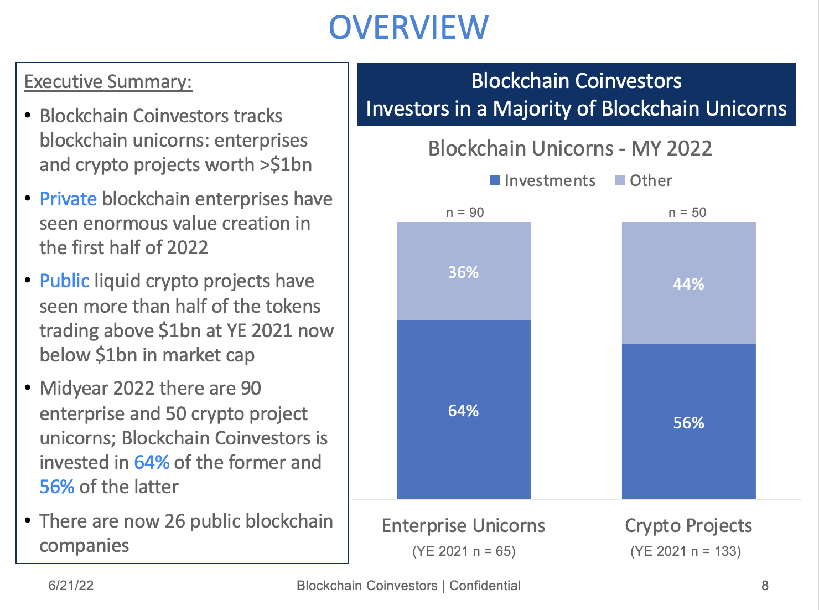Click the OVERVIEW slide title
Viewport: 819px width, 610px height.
click(408, 27)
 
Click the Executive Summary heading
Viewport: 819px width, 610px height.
click(108, 81)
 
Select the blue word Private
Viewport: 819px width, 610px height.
click(68, 199)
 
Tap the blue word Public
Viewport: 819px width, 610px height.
click(64, 281)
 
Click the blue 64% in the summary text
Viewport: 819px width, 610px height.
click(152, 462)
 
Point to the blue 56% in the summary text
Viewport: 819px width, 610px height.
click(57, 487)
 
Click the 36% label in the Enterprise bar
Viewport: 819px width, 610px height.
click(463, 272)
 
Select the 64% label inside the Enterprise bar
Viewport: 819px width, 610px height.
click(463, 411)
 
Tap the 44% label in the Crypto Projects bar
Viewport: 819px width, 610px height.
click(688, 284)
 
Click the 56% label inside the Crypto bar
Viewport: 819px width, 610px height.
click(688, 423)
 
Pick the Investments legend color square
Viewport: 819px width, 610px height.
click(495, 180)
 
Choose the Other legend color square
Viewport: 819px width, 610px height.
click(620, 180)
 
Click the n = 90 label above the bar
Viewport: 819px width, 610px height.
click(465, 213)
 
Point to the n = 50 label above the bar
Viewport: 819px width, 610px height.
click(687, 213)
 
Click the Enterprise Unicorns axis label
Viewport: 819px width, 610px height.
click(463, 525)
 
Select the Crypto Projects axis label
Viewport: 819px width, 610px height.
click(688, 525)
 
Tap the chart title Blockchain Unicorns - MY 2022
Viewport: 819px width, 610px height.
click(570, 148)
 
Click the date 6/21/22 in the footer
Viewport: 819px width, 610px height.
click(71, 586)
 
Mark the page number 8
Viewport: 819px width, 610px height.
click(765, 586)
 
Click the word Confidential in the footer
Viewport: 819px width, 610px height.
click(485, 586)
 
